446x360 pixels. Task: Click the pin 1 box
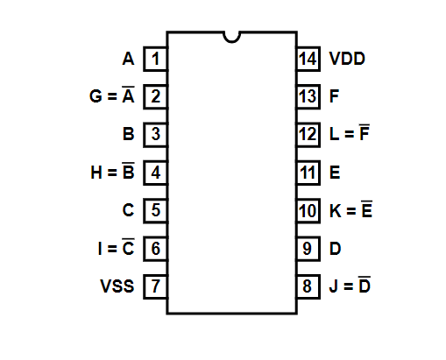pos(155,59)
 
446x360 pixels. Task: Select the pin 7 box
pos(155,286)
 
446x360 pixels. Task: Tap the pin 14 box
pos(308,59)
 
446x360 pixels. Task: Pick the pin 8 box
pos(308,286)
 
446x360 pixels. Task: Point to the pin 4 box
pos(155,173)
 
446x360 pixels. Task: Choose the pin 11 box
pos(308,173)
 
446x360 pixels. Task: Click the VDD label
pos(347,59)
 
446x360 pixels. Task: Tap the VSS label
pos(117,286)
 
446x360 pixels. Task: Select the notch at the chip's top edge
pos(231,38)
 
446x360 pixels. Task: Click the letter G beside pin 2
pos(96,96)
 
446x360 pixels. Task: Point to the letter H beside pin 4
pos(96,173)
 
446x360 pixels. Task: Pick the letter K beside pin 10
pos(336,210)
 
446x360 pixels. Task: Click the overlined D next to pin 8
pos(365,285)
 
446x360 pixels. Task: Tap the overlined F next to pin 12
pos(365,132)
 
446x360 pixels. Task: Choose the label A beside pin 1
pos(129,59)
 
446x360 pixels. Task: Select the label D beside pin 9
pos(335,249)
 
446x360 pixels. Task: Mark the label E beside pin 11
pos(335,173)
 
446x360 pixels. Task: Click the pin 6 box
pos(155,249)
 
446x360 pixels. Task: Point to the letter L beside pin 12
pos(334,134)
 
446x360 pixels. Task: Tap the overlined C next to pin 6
pos(128,247)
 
